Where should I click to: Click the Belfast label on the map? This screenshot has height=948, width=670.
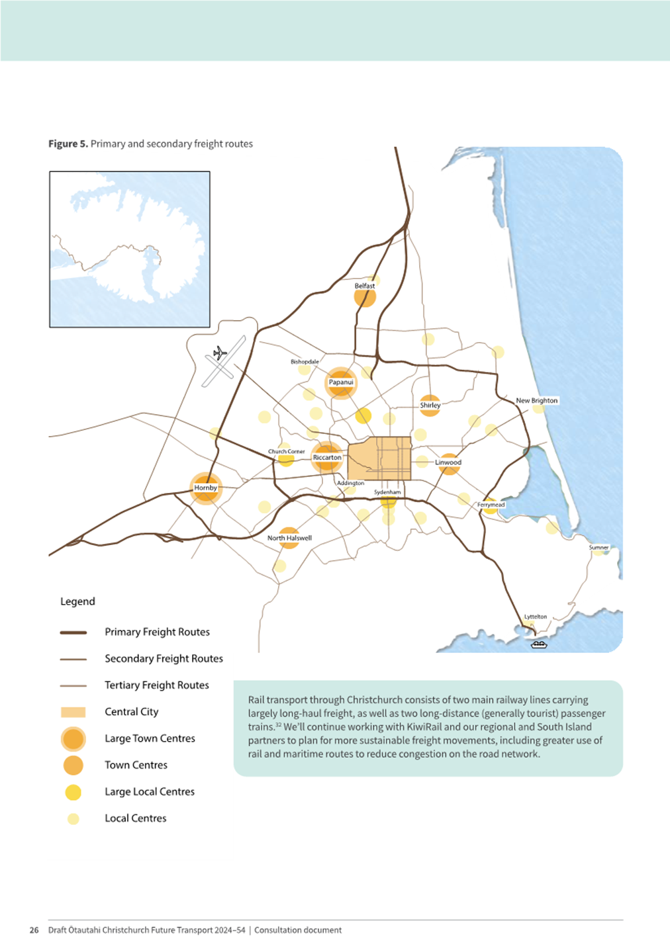click(x=364, y=286)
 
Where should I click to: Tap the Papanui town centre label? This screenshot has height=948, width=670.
click(x=341, y=382)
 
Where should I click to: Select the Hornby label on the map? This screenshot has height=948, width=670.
click(x=205, y=488)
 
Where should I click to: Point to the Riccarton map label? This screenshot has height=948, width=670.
click(x=327, y=457)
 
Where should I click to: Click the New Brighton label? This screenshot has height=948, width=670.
click(x=536, y=400)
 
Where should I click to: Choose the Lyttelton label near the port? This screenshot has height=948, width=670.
click(x=536, y=617)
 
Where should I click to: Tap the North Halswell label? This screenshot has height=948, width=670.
click(x=289, y=538)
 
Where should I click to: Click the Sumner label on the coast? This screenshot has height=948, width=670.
click(x=598, y=548)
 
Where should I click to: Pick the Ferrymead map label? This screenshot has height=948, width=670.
click(x=491, y=505)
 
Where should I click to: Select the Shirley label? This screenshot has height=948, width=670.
click(x=430, y=405)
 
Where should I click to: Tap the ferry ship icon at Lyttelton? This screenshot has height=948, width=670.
click(x=540, y=644)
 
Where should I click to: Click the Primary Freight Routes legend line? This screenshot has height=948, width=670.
click(x=73, y=632)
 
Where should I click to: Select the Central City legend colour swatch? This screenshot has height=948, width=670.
click(x=73, y=712)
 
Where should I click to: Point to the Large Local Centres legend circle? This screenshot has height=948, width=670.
click(x=73, y=792)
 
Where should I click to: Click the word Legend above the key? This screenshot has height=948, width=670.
click(x=77, y=601)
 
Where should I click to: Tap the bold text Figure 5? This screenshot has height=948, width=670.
click(x=68, y=144)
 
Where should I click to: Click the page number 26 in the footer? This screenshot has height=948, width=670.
click(x=34, y=930)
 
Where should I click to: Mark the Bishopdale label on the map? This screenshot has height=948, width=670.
click(x=305, y=362)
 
